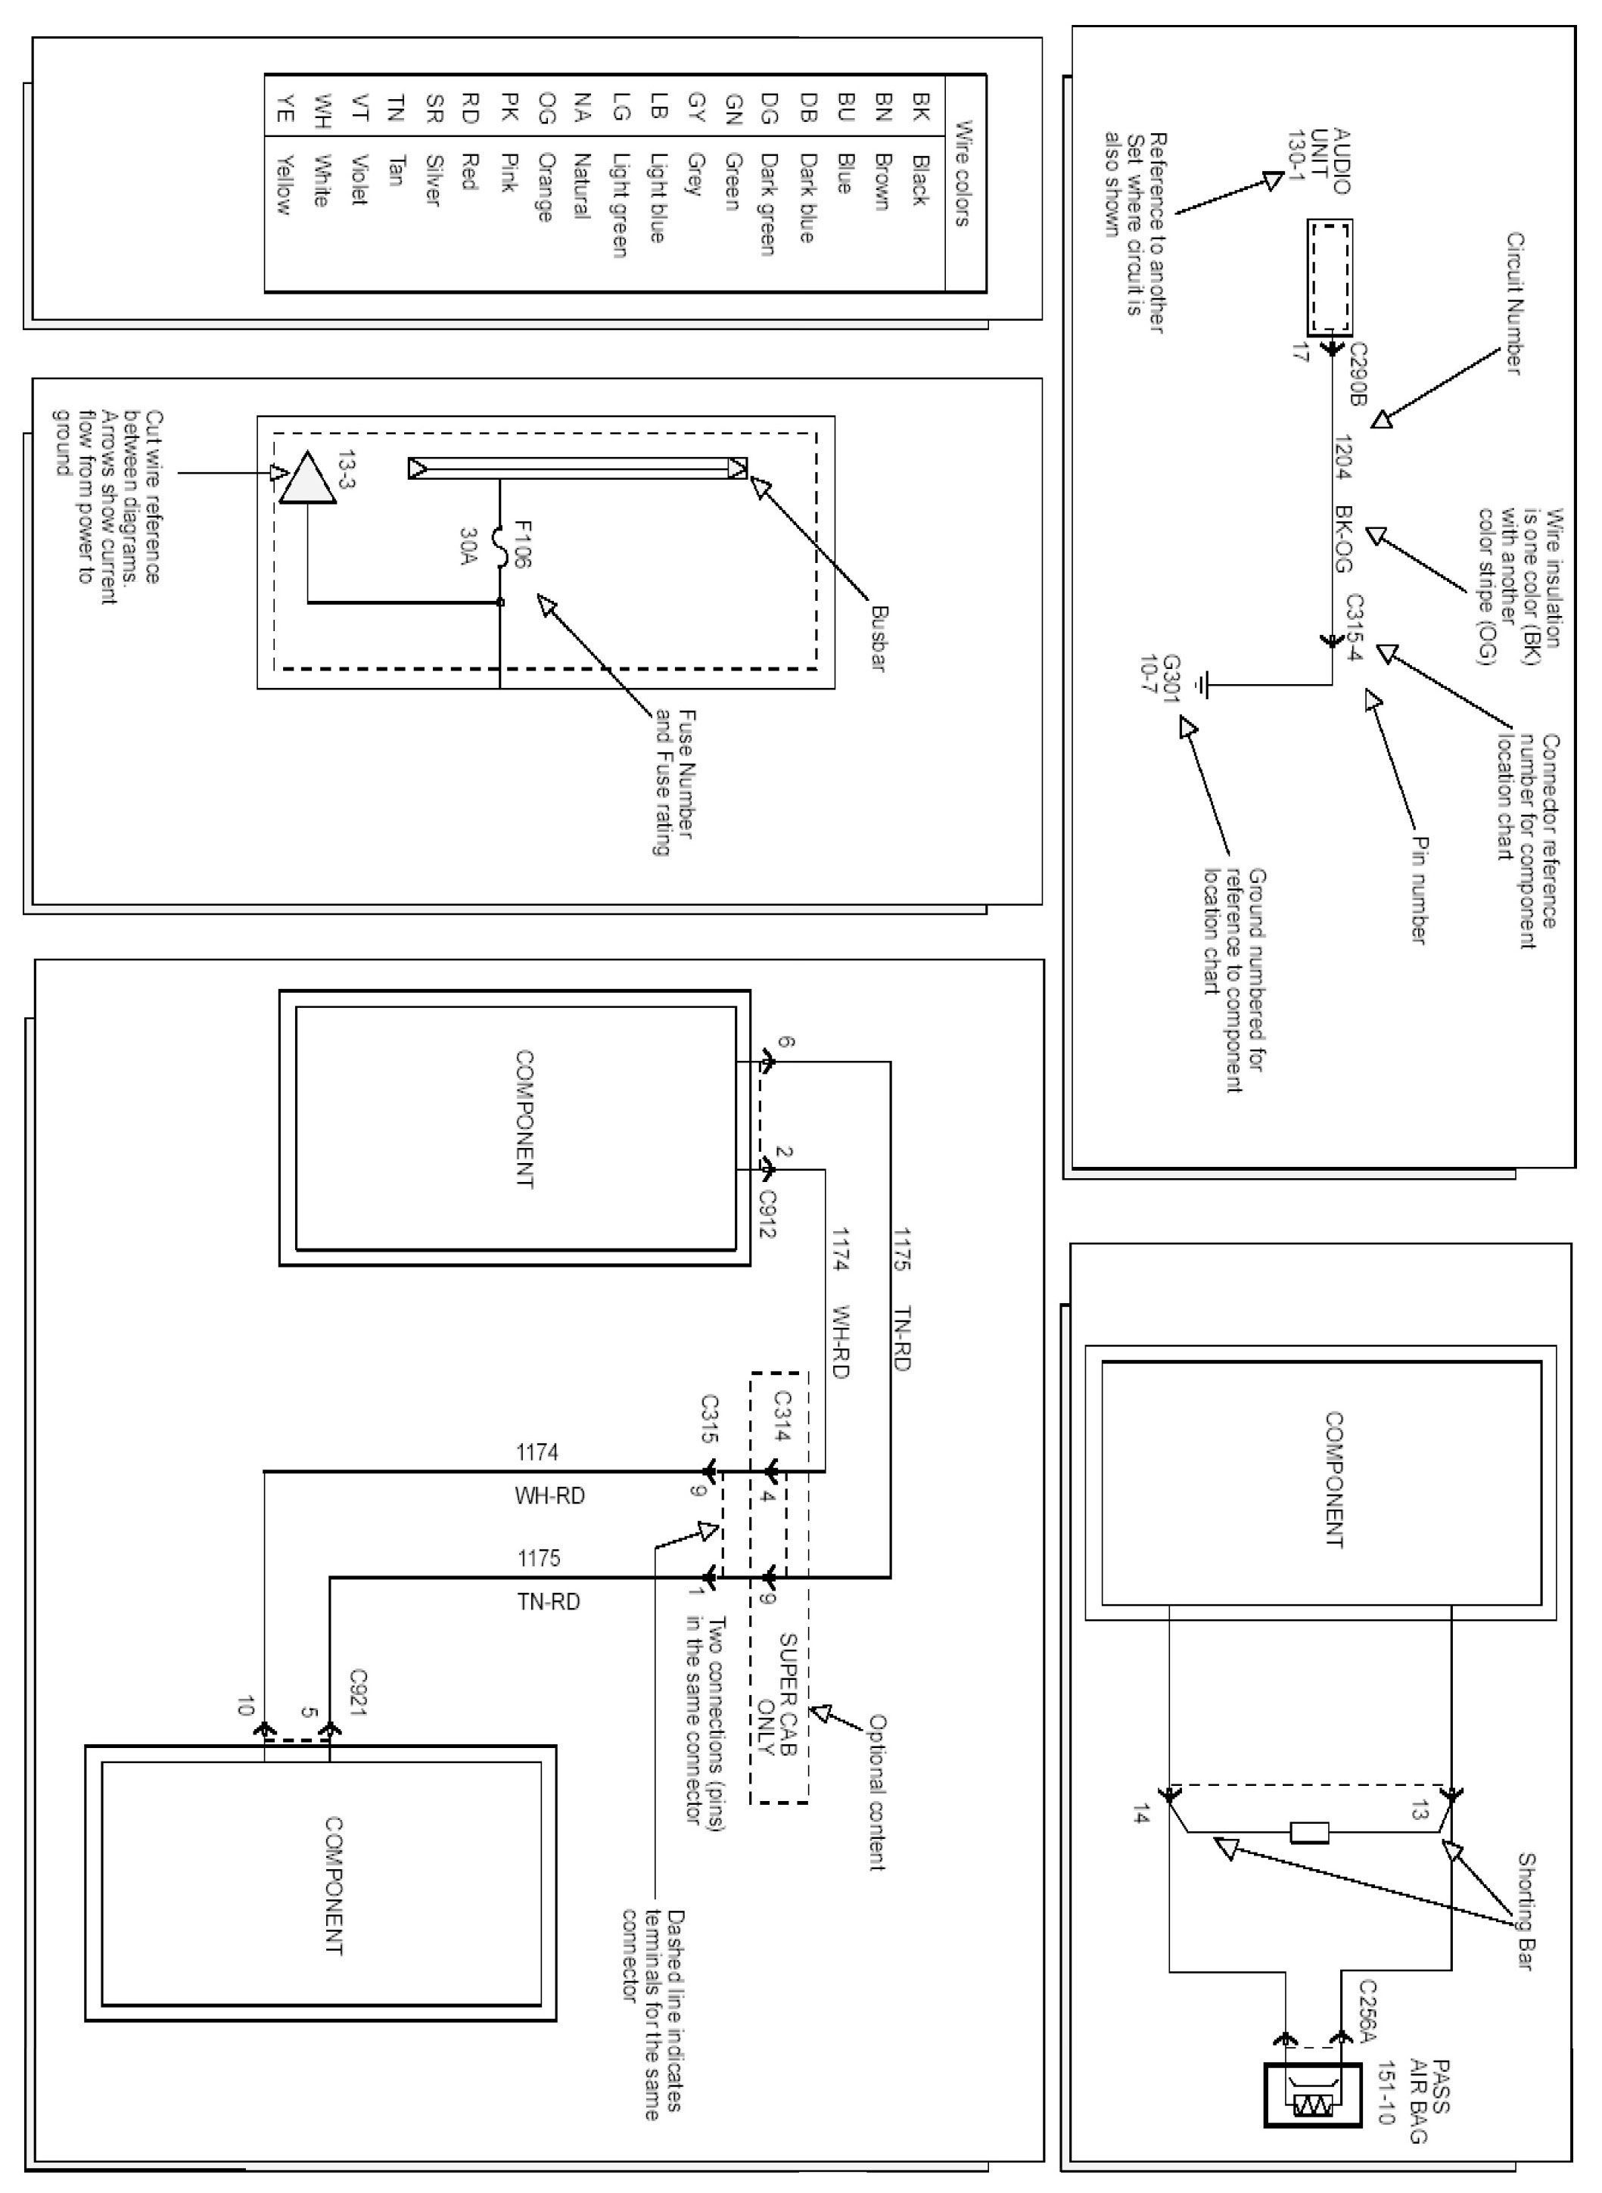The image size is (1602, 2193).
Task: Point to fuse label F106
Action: (521, 544)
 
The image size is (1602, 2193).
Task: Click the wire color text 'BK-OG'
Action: (1343, 538)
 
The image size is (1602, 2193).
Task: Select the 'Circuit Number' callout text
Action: (1513, 303)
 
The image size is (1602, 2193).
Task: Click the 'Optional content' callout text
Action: (876, 1793)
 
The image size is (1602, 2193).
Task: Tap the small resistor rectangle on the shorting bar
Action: (1310, 1831)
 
